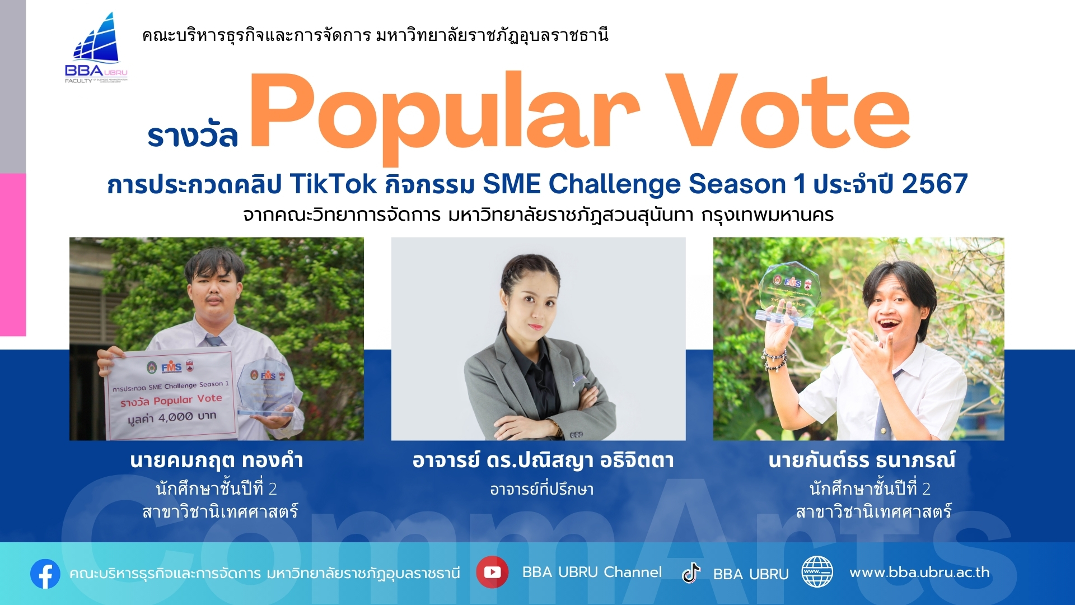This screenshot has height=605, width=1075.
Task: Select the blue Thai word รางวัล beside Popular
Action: (193, 135)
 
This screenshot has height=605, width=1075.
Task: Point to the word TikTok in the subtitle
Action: (333, 184)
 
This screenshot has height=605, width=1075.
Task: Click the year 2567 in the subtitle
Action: (934, 184)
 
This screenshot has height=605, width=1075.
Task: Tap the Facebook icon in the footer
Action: (45, 574)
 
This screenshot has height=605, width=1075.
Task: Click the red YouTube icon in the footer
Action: (492, 572)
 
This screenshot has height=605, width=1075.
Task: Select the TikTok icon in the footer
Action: (691, 573)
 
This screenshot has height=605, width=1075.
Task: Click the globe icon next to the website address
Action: (817, 572)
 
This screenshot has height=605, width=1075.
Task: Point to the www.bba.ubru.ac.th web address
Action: (919, 572)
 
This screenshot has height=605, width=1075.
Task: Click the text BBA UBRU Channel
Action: (592, 572)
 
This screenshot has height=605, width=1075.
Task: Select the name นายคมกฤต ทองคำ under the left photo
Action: (217, 460)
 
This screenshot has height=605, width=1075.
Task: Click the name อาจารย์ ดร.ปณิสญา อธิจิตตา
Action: (543, 460)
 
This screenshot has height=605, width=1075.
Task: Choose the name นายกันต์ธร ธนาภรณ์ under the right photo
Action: (862, 460)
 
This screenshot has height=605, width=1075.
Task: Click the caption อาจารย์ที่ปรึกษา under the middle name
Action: (541, 489)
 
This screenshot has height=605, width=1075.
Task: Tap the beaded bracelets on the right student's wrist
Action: (775, 359)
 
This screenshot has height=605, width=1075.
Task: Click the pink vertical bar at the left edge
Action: (13, 255)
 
